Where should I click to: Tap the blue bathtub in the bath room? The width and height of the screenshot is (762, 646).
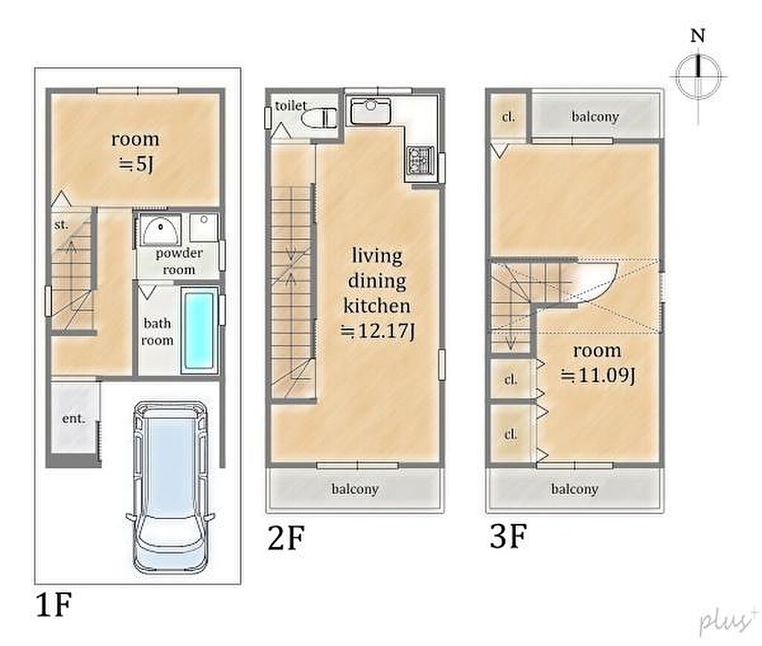click(199, 330)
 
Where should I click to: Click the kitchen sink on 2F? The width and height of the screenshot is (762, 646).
click(371, 112)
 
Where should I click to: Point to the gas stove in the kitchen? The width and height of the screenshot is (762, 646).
click(419, 159)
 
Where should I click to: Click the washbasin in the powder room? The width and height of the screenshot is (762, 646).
click(161, 231)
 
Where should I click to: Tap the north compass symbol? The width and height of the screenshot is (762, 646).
click(698, 77)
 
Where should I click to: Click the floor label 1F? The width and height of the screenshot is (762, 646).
click(54, 604)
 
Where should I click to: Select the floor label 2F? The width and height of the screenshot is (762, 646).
click(286, 538)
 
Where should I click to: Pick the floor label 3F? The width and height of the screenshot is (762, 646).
click(508, 536)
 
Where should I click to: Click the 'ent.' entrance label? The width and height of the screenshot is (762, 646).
click(74, 418)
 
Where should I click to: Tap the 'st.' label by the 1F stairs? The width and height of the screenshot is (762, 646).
click(61, 225)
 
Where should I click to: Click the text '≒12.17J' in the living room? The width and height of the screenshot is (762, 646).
click(377, 331)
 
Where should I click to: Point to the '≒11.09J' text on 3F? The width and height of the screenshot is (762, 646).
click(598, 375)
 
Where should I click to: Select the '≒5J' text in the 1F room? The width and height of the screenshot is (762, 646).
click(136, 164)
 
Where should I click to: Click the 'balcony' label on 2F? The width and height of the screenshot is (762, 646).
click(355, 488)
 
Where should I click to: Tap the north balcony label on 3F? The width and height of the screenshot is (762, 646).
click(595, 117)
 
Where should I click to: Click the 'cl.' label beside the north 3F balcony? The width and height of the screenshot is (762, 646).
click(508, 117)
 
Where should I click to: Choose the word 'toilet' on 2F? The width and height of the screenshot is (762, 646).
click(291, 106)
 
